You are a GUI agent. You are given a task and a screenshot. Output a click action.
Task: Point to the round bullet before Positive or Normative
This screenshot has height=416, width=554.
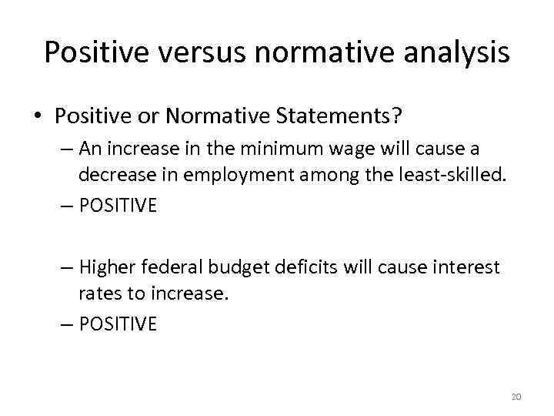point(36,117)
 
